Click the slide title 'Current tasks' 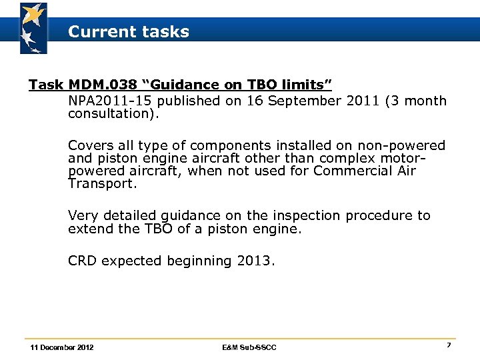click(129, 31)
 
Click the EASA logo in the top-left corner click(33, 27)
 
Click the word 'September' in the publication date click(307, 101)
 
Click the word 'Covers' click(91, 145)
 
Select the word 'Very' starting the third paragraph click(83, 216)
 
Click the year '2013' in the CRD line click(253, 261)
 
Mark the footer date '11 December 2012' click(62, 347)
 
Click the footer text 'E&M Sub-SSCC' click(249, 347)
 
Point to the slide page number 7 click(449, 345)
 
